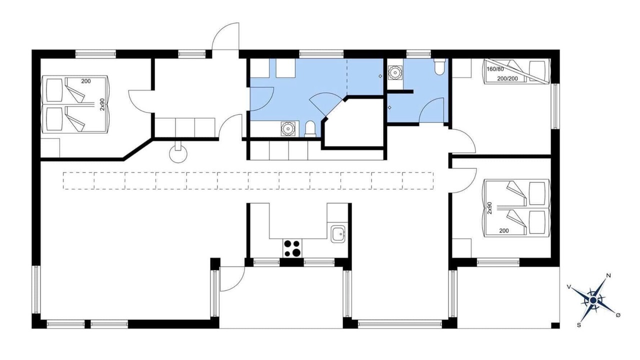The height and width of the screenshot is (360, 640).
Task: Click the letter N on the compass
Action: [x=608, y=275]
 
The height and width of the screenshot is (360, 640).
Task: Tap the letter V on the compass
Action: [x=569, y=287]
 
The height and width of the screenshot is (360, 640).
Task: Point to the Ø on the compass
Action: [x=618, y=315]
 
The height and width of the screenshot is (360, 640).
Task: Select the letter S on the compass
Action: [x=579, y=325]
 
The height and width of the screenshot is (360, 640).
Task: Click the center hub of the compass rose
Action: [x=593, y=300]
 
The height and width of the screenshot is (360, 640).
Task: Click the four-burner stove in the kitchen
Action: [x=292, y=248]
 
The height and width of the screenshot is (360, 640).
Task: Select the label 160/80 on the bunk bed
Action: [x=495, y=69]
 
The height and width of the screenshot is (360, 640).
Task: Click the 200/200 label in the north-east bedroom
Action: [x=507, y=78]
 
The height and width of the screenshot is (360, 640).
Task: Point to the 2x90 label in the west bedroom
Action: [x=102, y=104]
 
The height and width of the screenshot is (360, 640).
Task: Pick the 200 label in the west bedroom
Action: [x=86, y=81]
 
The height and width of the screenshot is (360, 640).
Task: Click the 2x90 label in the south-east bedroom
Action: [x=489, y=208]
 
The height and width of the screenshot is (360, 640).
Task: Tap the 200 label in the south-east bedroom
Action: [x=504, y=230]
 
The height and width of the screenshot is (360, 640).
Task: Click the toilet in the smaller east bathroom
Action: [x=439, y=66]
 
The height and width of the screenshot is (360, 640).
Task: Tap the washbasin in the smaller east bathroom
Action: [x=395, y=72]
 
